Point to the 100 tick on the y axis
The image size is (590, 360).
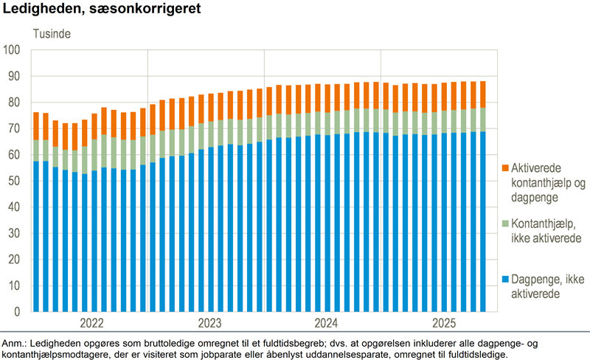13,50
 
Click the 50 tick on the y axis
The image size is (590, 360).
15,181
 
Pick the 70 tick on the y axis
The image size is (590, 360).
15,128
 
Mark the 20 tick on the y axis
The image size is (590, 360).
15,260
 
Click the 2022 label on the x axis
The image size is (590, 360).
91,322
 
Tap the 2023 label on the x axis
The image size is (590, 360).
209,322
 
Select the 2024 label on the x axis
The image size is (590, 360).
325,322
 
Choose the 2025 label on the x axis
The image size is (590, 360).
442,322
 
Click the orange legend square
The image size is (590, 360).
505,170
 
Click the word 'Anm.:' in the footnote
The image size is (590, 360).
14,345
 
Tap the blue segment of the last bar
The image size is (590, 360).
483,221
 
